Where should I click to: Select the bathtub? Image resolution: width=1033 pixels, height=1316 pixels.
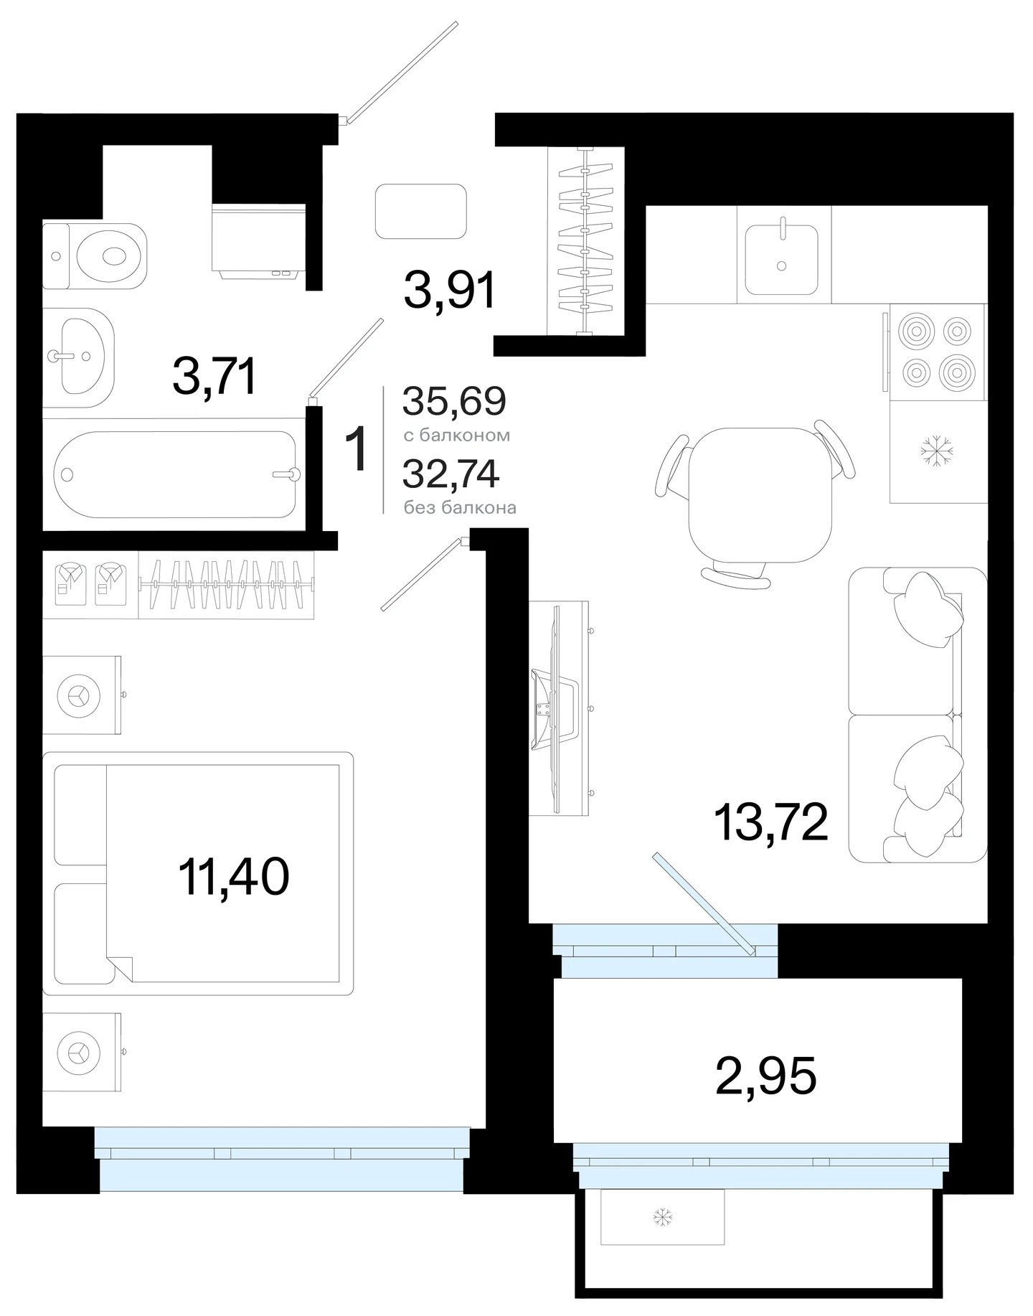[176, 474]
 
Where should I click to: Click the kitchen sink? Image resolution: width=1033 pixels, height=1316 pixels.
[781, 259]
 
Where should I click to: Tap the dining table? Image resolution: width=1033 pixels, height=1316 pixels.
[760, 496]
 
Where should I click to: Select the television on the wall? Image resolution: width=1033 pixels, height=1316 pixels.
[559, 708]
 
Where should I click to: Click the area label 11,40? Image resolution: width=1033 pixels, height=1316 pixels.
[234, 876]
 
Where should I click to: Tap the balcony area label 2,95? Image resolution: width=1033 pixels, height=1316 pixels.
[766, 1077]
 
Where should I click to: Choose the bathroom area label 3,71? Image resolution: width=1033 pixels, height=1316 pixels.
[214, 377]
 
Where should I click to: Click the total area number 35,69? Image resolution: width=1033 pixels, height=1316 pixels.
[454, 401]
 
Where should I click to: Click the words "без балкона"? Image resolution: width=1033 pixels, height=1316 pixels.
[460, 508]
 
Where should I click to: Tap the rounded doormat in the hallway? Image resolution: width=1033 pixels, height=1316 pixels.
[421, 211]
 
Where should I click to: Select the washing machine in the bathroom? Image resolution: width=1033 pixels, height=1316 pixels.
[259, 240]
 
